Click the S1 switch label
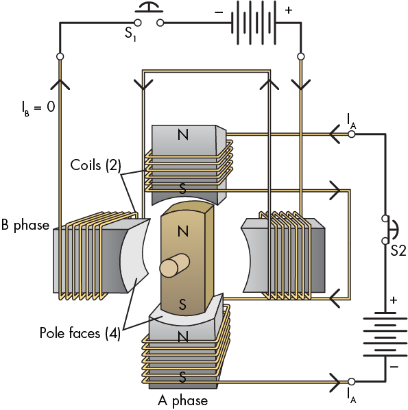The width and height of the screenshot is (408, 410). (130, 34)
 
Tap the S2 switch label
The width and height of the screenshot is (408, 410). (398, 251)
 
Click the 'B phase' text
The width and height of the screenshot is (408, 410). (25, 225)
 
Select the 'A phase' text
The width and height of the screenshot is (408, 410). (183, 400)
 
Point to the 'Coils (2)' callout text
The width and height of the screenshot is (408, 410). (96, 165)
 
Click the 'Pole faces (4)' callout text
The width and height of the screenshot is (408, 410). (80, 333)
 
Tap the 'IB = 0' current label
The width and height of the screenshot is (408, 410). (38, 108)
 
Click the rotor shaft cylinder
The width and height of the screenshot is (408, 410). (174, 265)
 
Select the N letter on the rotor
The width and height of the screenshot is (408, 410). (183, 231)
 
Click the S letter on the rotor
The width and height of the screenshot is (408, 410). (182, 304)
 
